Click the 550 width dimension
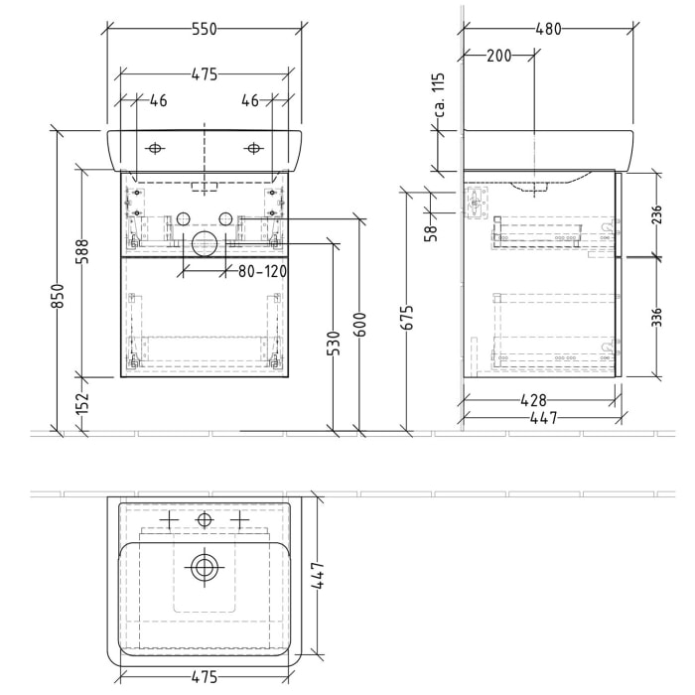click(x=204, y=30)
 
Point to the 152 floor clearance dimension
click(x=82, y=403)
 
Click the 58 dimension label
click(x=429, y=232)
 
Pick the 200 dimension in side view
click(x=499, y=56)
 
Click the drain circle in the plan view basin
click(x=205, y=568)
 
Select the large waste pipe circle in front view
click(x=205, y=246)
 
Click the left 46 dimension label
click(x=158, y=100)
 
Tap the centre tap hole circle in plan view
click(x=205, y=519)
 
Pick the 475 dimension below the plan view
click(x=204, y=677)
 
